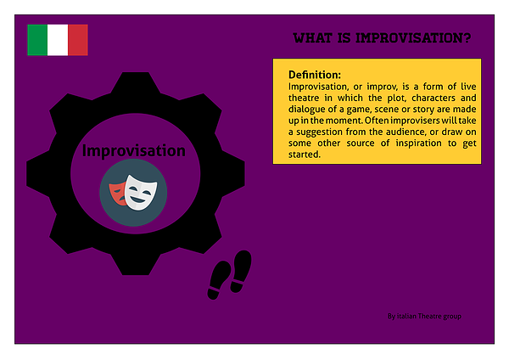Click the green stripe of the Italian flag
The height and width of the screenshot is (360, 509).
pyautogui.click(x=37, y=40)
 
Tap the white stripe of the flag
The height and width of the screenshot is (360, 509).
pyautogui.click(x=58, y=40)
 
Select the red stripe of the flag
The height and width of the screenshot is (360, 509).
pyautogui.click(x=78, y=40)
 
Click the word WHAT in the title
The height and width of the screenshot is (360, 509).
pyautogui.click(x=312, y=38)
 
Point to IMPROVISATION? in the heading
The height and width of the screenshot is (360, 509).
pyautogui.click(x=413, y=38)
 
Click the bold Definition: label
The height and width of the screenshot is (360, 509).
pyautogui.click(x=315, y=75)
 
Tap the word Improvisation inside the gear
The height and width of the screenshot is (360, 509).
pyautogui.click(x=134, y=150)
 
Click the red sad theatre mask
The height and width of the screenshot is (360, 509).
pyautogui.click(x=118, y=194)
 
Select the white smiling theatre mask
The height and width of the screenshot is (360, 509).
pyautogui.click(x=141, y=193)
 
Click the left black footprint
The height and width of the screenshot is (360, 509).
pyautogui.click(x=219, y=280)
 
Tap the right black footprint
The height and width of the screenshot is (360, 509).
pyautogui.click(x=241, y=271)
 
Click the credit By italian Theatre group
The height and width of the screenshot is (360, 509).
pyautogui.click(x=424, y=316)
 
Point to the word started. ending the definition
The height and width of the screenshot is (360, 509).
pyautogui.click(x=305, y=155)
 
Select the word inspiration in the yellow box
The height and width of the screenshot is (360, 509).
pyautogui.click(x=418, y=143)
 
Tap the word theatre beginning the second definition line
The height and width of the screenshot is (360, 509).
pyautogui.click(x=304, y=98)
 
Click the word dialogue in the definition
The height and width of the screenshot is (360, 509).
pyautogui.click(x=305, y=110)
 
